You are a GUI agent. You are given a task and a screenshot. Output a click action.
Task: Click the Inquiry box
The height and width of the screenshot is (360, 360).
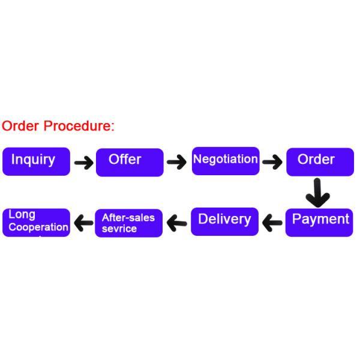coord(36,161)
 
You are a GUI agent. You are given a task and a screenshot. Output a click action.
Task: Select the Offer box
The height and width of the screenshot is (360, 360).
coord(129,161)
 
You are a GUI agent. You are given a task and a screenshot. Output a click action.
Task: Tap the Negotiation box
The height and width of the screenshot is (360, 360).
coord(226,160)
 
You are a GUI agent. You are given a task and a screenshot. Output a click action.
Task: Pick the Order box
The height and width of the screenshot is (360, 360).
coord(319,161)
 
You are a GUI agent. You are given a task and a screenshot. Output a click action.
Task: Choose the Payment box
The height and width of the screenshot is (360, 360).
coord(319,221)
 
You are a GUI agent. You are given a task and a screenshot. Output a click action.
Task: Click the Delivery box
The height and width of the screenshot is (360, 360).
coord(224,221)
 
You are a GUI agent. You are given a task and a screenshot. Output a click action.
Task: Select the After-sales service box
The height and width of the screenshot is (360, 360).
coord(128,223)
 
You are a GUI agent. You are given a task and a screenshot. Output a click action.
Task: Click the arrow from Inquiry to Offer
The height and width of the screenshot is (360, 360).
coord(83,162)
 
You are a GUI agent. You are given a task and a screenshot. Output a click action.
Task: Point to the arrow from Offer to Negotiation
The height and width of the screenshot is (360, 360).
coord(176,162)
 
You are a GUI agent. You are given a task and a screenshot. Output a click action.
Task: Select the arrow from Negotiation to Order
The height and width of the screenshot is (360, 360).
coord(272,162)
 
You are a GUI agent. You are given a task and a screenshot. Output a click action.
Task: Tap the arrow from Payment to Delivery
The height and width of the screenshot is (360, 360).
coord(272,223)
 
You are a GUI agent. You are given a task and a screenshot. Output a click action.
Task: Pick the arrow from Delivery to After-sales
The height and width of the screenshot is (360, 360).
coord(177,223)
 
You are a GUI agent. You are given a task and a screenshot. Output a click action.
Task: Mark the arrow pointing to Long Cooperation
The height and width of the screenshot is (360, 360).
coord(83,223)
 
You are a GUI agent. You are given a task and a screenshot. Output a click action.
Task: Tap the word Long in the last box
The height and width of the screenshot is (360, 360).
coord(22,215)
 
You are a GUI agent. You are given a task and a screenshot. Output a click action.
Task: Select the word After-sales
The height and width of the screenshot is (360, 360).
coord(128,218)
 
